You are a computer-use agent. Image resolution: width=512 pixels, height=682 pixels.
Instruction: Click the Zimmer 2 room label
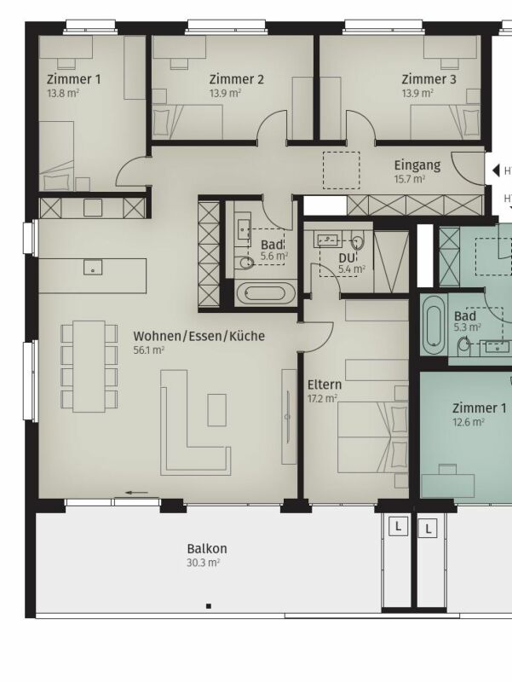pyautogui.click(x=237, y=79)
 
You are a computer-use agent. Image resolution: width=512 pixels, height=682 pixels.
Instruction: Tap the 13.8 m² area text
pyautogui.click(x=63, y=93)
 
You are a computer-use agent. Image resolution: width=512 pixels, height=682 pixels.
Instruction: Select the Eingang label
pyautogui.click(x=417, y=165)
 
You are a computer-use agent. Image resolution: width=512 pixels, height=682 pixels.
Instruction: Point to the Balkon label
pyautogui.click(x=207, y=548)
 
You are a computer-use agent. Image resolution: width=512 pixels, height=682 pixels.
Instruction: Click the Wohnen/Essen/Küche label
pyautogui.click(x=199, y=336)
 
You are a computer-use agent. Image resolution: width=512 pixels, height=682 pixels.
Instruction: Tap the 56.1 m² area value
pyautogui.click(x=148, y=350)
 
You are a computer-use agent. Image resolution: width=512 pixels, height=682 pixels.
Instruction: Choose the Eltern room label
pyautogui.click(x=325, y=384)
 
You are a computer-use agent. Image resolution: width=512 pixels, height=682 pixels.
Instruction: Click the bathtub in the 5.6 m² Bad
pyautogui.click(x=266, y=293)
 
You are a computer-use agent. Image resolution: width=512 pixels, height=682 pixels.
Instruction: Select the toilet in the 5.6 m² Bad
pyautogui.click(x=245, y=262)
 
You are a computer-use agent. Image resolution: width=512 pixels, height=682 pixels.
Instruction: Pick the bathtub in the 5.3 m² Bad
pyautogui.click(x=434, y=325)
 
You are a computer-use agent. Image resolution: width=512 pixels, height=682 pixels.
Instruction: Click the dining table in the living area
pyautogui.click(x=89, y=367)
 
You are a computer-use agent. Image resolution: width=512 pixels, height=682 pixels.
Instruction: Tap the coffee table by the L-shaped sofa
pyautogui.click(x=216, y=410)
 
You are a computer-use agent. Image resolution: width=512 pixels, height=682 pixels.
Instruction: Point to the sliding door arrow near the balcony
pyautogui.click(x=136, y=493)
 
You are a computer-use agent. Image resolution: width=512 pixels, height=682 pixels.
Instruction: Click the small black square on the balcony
pyautogui.click(x=209, y=606)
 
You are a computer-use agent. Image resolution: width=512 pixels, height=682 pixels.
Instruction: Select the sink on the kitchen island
pyautogui.click(x=93, y=267)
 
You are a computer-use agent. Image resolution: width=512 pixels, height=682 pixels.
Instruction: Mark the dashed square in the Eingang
pyautogui.click(x=341, y=170)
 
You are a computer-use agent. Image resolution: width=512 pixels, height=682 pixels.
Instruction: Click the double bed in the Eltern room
pyautogui.click(x=373, y=437)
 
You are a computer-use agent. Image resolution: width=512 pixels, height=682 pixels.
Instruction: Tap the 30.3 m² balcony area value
pyautogui.click(x=203, y=563)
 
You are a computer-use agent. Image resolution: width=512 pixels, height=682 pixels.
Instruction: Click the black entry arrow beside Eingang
pyautogui.click(x=496, y=170)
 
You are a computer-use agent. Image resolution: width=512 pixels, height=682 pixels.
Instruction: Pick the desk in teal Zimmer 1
pyautogui.click(x=447, y=485)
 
